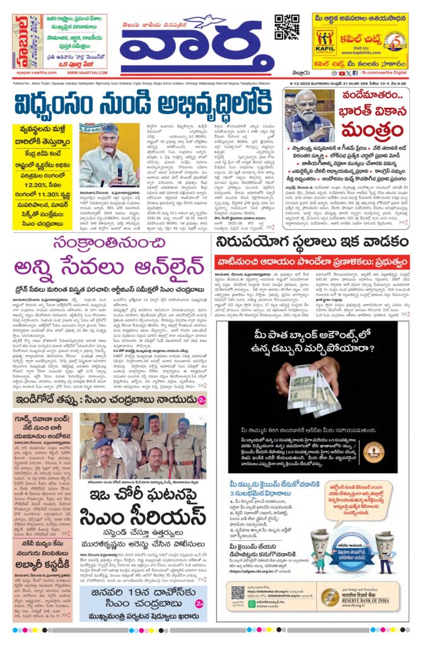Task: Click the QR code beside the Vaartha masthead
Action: (x=286, y=26)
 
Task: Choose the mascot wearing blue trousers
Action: (x=385, y=549)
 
